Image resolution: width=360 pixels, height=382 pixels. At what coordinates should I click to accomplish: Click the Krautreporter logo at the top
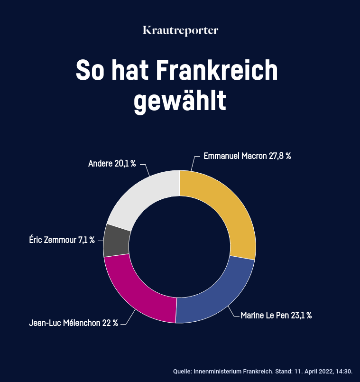(x=180, y=30)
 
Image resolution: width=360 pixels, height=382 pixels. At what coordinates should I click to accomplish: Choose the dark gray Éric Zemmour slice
(x=116, y=240)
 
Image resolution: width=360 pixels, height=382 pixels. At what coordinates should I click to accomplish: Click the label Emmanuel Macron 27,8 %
(x=247, y=156)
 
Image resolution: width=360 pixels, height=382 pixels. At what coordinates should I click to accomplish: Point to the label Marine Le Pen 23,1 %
(x=276, y=315)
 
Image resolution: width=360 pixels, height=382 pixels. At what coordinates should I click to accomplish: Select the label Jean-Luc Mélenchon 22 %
(x=74, y=323)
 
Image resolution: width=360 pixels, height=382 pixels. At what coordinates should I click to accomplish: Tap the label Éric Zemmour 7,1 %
(x=62, y=240)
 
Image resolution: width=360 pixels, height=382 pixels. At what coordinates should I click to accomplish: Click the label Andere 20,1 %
(x=112, y=164)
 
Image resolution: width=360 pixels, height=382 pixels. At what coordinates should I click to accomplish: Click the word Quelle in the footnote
(x=183, y=371)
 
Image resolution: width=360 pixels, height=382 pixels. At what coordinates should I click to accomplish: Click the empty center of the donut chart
(x=179, y=247)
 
